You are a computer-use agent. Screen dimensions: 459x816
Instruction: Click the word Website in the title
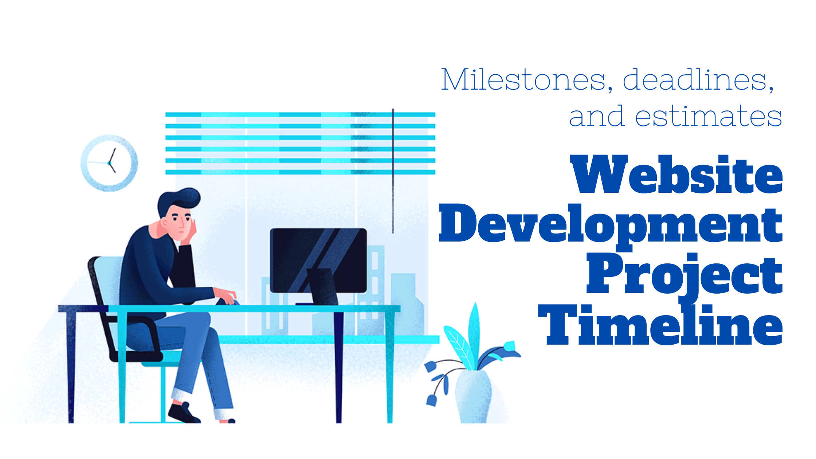pyautogui.click(x=676, y=174)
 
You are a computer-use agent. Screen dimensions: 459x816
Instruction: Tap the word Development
pyautogui.click(x=611, y=224)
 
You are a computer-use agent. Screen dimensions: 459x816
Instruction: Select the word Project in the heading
pyautogui.click(x=684, y=275)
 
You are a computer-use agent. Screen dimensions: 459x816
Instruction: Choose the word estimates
pyautogui.click(x=708, y=117)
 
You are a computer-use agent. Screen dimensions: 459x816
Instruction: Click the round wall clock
pyautogui.click(x=109, y=163)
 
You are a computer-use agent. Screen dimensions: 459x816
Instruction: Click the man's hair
pyautogui.click(x=178, y=200)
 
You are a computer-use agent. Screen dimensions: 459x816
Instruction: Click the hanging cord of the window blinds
pyautogui.click(x=393, y=171)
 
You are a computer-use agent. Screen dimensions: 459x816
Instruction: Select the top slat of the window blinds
pyautogui.click(x=300, y=114)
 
